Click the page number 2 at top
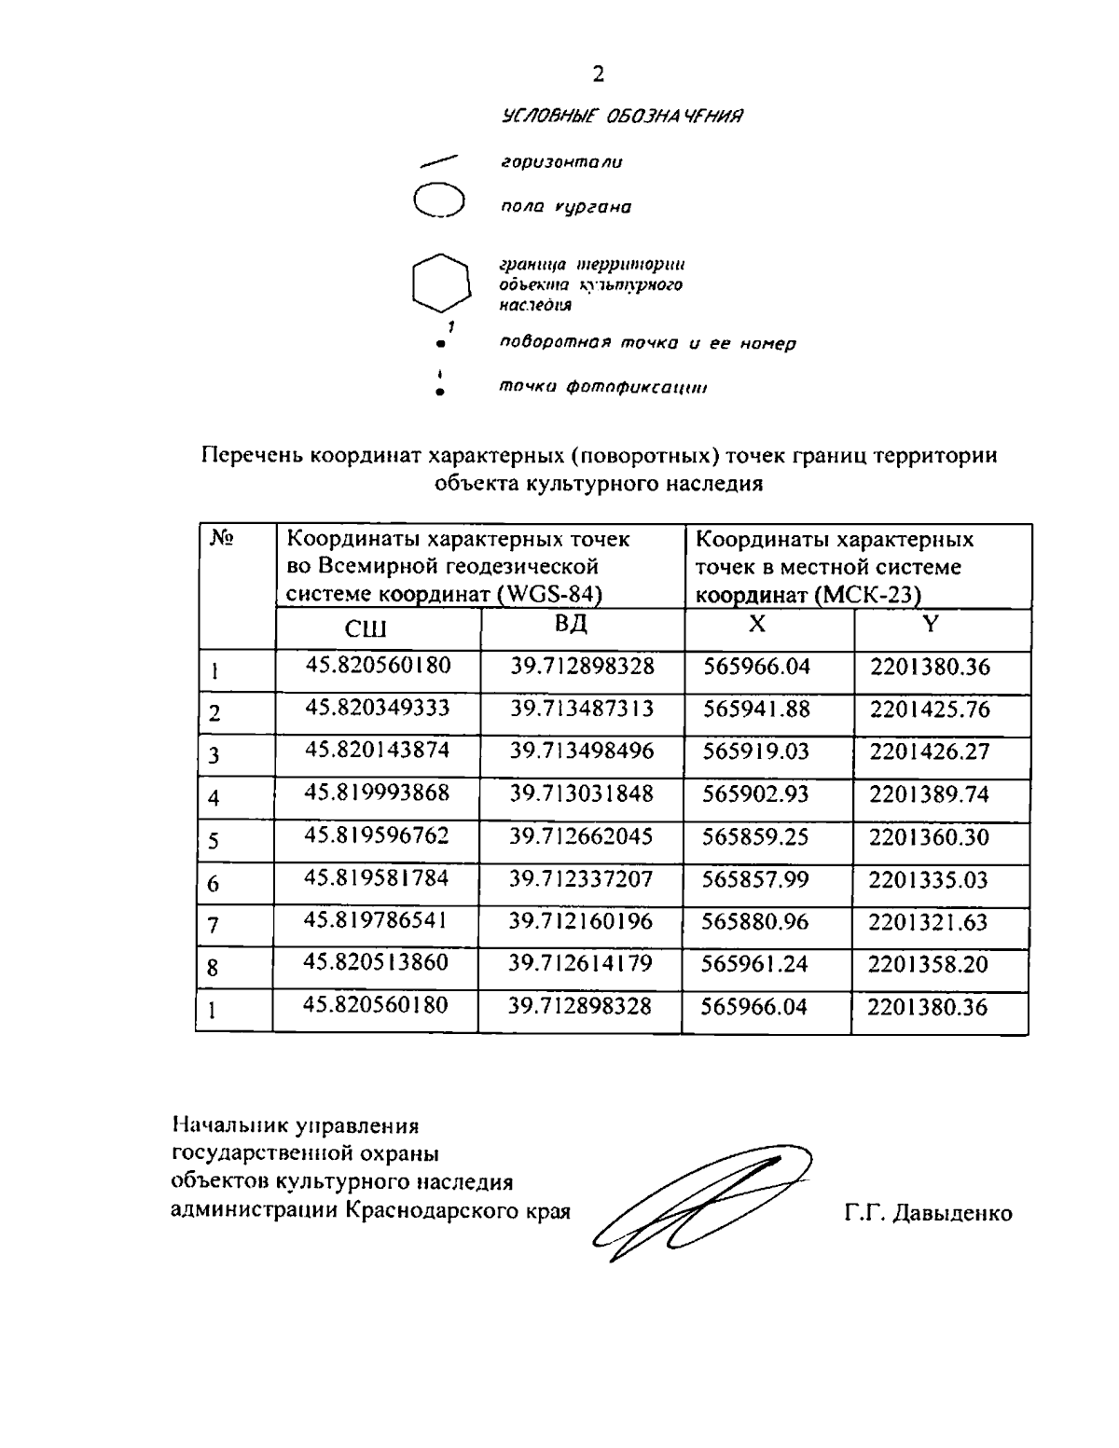pos(598,75)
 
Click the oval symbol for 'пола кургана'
pos(438,200)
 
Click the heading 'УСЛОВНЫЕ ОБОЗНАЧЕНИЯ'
pos(623,117)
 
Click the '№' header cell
pos(221,539)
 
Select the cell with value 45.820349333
pos(378,709)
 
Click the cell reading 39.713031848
pos(582,793)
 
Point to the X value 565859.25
pos(755,836)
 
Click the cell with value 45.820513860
pos(377,963)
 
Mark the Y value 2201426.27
pos(930,752)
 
